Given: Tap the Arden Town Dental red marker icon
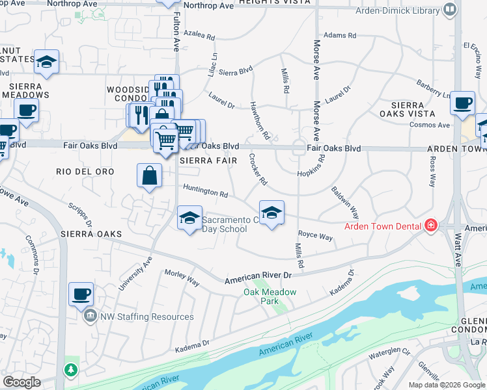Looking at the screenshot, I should coord(430,226).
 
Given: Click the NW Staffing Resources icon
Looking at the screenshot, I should coord(90,317).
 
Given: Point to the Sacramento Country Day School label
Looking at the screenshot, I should coord(225,224).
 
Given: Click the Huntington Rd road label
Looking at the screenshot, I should coord(205,193).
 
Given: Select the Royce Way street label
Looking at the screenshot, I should coord(315,235).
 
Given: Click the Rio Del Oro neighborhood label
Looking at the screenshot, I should coord(85,172).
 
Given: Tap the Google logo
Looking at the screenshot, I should coord(21,382).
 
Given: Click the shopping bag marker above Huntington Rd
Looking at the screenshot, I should coord(150,175).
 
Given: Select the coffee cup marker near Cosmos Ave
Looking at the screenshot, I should coord(463,103).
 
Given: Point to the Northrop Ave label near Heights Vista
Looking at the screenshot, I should coord(208,5).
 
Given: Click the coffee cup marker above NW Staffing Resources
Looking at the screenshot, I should coord(81,294).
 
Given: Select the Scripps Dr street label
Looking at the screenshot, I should coord(81,214).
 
